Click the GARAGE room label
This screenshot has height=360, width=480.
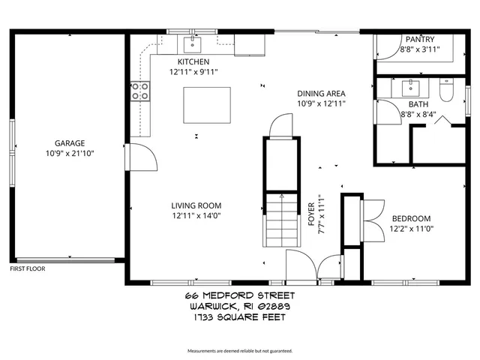pos(69,142)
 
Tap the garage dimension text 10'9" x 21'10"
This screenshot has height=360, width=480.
pos(69,153)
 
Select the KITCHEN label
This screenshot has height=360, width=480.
pos(193,61)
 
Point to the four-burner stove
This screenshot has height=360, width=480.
pos(139,91)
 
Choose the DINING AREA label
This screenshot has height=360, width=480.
pos(321,93)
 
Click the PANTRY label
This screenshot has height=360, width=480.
pos(419,39)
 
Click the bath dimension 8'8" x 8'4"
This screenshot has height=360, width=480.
pos(418,115)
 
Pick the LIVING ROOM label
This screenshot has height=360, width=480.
pos(196,205)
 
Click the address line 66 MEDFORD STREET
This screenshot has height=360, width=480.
pos(240,296)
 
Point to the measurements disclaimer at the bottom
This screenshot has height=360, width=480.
pos(240,351)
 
